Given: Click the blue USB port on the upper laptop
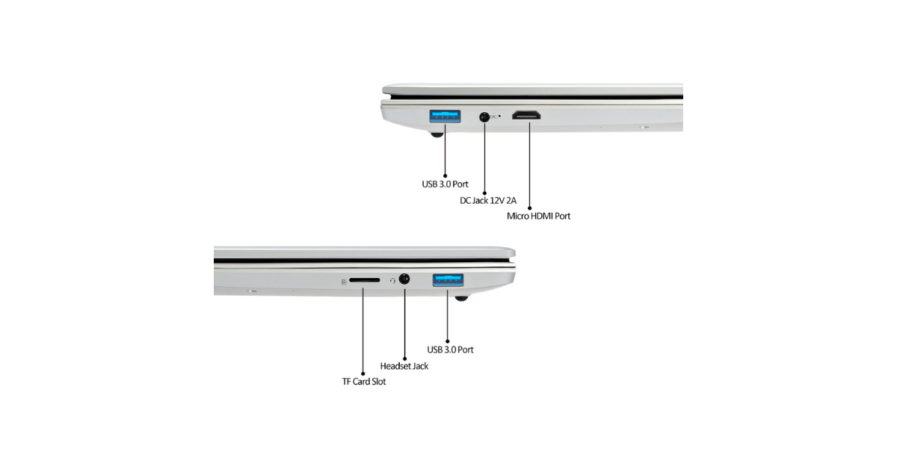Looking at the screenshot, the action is coord(445,116).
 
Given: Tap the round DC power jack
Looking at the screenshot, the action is coord(484,117).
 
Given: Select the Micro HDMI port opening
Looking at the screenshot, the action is coord(526,115).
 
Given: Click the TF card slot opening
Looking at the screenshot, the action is coord(365,280).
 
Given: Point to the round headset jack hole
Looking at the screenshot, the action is coord(404,279).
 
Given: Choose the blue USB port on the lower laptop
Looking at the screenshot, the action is coord(448,280).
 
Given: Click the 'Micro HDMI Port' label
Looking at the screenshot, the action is coord(538,216).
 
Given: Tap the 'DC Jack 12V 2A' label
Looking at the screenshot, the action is coord(488,200).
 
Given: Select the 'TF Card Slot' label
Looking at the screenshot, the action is coord(364,382).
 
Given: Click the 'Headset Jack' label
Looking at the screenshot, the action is coord(404,366).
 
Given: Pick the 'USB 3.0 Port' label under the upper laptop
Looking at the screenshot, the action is coord(445,184).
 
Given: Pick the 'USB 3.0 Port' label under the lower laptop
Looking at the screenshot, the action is coord(450,350).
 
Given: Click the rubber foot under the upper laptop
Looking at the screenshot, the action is coord(437,134).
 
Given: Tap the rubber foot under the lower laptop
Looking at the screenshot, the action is coord(461,298).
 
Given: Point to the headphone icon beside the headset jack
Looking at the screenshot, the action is coord(393,281).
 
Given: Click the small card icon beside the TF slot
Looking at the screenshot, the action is coord(344,282).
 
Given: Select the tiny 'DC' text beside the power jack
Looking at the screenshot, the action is coord(493,117).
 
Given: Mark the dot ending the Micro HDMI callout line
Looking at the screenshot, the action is coord(529,208).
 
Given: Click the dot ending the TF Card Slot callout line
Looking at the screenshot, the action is coord(363,373).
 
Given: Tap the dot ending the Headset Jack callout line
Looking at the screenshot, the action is coord(405,358).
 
